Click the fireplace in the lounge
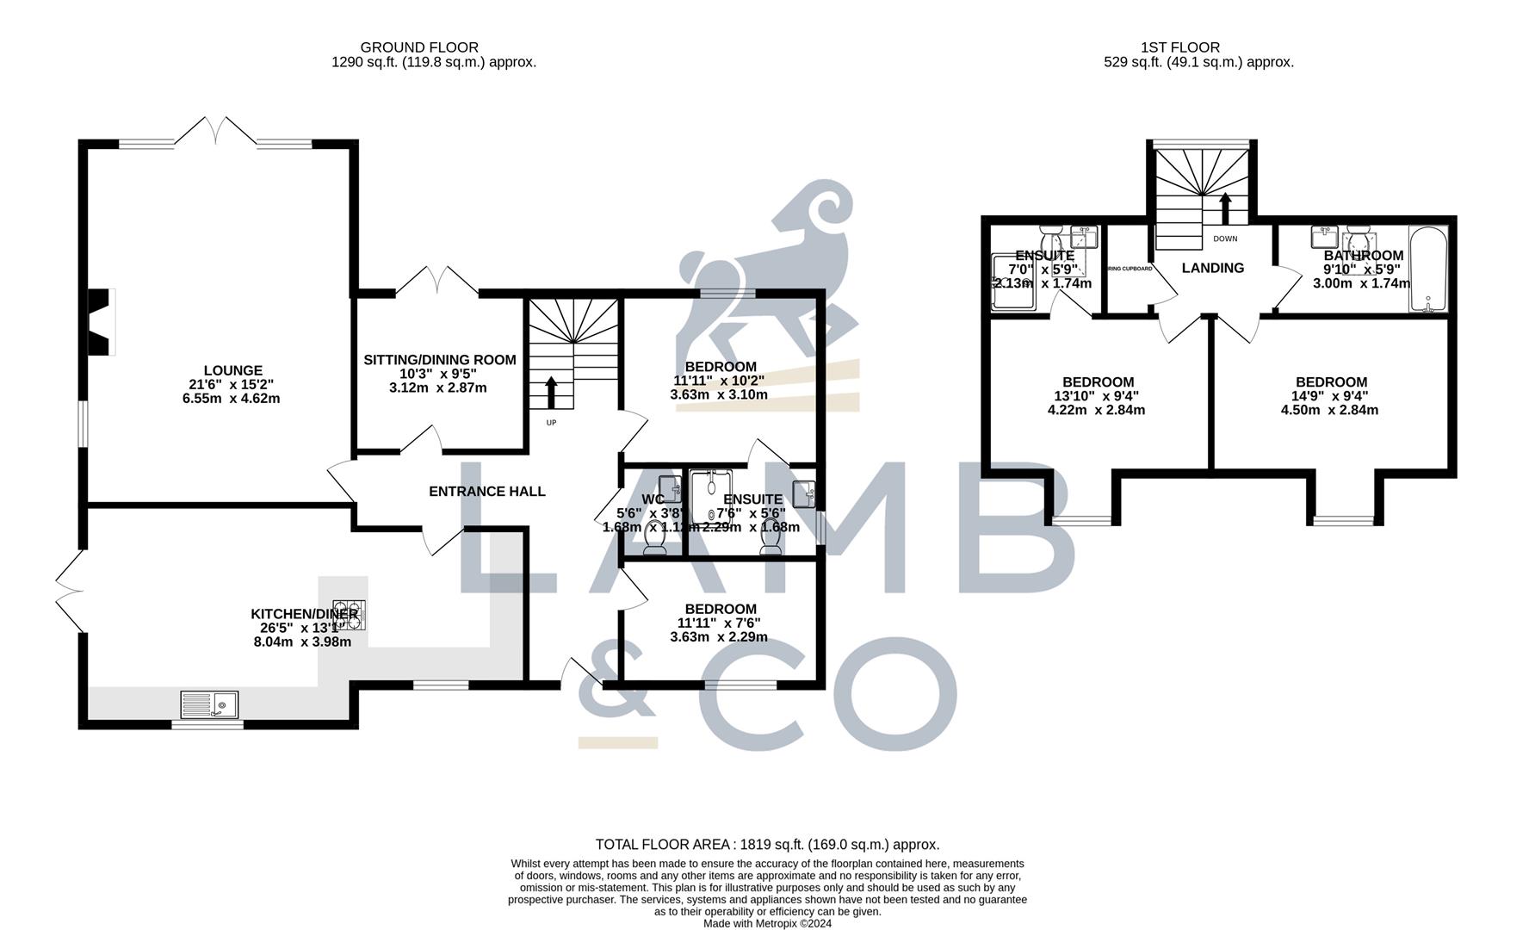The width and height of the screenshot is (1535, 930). tap(102, 321)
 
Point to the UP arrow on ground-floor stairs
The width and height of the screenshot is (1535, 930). tap(550, 392)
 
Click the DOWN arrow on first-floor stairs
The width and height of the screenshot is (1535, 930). tap(1224, 209)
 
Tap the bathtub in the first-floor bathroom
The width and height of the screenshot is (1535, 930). tap(1429, 269)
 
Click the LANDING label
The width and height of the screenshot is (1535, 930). tap(1212, 268)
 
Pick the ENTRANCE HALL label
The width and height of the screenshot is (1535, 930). tap(486, 492)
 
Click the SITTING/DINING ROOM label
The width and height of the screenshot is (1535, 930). tap(439, 360)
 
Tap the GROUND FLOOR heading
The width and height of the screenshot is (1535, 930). tap(419, 47)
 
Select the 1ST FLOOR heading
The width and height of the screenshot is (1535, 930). tap(1191, 47)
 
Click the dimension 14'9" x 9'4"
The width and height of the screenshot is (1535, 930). tap(1330, 396)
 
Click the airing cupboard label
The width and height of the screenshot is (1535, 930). tap(1129, 269)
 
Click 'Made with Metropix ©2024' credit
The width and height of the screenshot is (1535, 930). tap(767, 923)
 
